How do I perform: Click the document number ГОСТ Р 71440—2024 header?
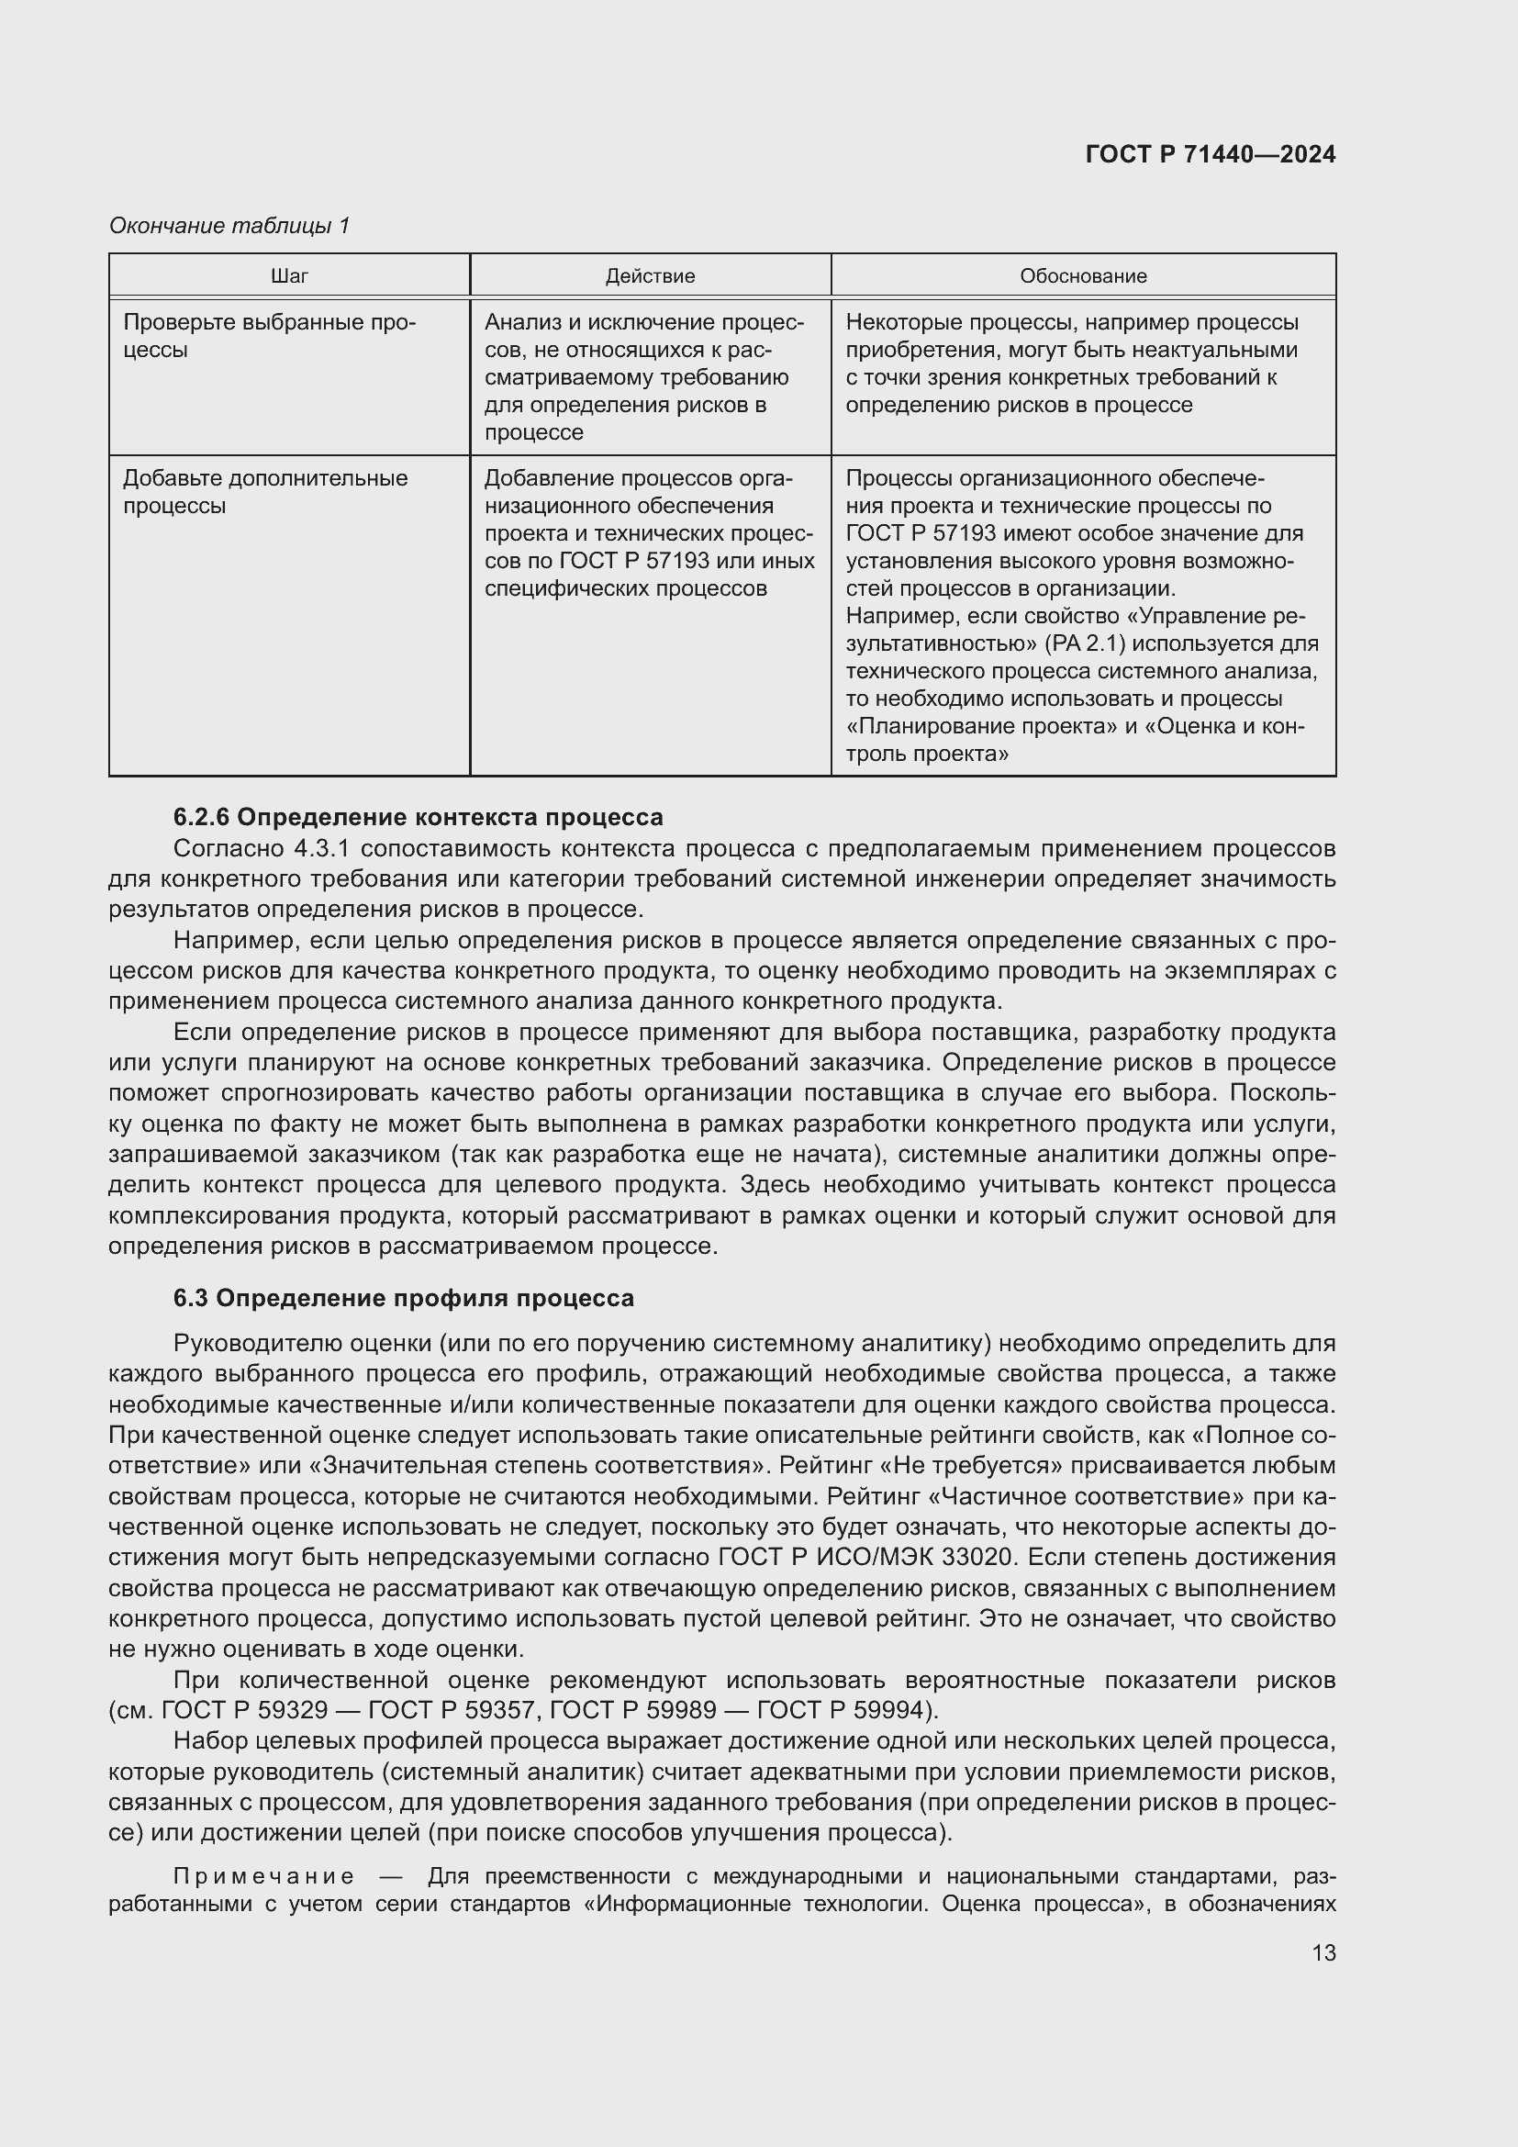(1210, 154)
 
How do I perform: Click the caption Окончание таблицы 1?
(229, 226)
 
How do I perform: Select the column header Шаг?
(289, 276)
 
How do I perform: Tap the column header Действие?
(650, 276)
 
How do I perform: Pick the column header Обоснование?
(1082, 276)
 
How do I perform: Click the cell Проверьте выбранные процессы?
(269, 336)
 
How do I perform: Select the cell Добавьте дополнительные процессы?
(265, 492)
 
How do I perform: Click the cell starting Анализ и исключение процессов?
(644, 377)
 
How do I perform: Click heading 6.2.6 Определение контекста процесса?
(418, 817)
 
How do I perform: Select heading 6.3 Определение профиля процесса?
(403, 1298)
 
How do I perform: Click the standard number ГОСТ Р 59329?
(245, 1710)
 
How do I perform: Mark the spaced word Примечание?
(263, 1877)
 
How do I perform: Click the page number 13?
(1323, 1952)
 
